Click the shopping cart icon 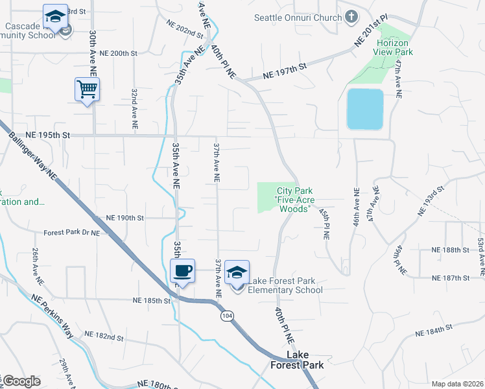click(87, 89)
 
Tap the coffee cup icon click(182, 270)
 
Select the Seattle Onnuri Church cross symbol click(351, 17)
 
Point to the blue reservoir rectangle click(365, 109)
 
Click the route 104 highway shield click(226, 316)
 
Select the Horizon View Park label click(394, 46)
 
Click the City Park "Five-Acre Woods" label click(295, 200)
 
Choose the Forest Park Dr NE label click(72, 232)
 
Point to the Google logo click(21, 381)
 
